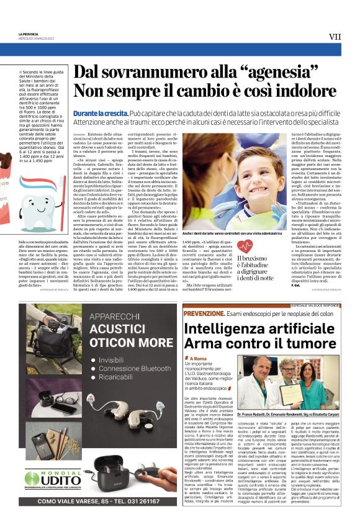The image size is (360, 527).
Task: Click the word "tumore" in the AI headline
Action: pos(306,341)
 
